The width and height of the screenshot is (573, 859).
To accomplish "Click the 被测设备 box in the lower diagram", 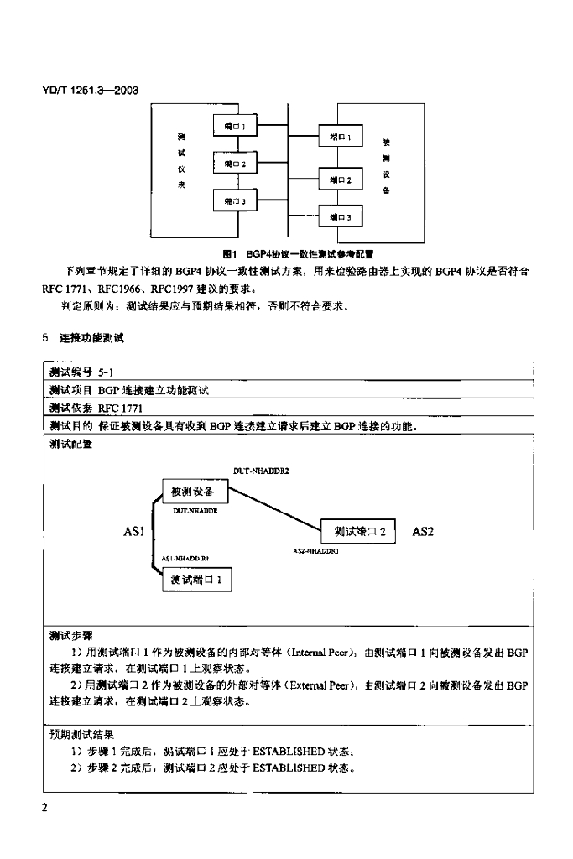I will click(x=192, y=491).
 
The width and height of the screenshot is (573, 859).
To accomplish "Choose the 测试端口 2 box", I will click(x=359, y=531).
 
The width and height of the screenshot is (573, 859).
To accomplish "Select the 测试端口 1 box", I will click(x=196, y=579).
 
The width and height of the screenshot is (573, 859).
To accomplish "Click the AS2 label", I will click(x=423, y=531).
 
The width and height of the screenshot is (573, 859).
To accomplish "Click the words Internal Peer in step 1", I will click(x=327, y=652).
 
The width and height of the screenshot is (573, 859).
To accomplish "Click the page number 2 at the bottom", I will click(x=45, y=807).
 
